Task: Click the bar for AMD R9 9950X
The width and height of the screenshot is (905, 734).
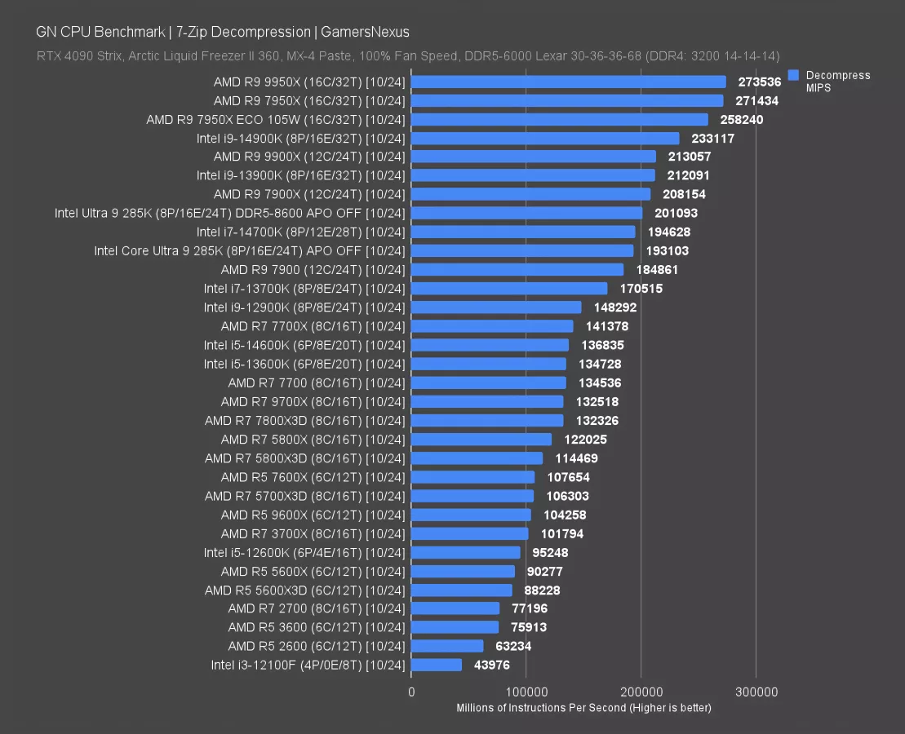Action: pos(569,82)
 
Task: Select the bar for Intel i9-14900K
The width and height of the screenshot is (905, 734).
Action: pos(545,139)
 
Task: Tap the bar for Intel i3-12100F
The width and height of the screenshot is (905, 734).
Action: pos(437,665)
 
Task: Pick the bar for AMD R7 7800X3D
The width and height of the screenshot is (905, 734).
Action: pos(487,421)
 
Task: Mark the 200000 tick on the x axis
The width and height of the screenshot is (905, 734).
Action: pos(641,692)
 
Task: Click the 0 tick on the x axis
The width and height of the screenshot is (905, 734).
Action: pos(411,692)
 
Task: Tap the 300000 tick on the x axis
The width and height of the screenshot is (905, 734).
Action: pos(756,692)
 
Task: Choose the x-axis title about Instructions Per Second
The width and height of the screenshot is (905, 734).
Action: pos(583,707)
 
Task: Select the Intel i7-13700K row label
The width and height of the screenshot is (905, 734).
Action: pos(304,289)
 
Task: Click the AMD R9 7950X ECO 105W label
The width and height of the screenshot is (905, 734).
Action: pos(276,119)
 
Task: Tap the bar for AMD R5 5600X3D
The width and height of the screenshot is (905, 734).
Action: pos(462,590)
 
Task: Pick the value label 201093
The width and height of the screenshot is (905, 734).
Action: pos(676,214)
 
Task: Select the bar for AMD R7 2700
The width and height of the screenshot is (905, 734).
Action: pos(455,608)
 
